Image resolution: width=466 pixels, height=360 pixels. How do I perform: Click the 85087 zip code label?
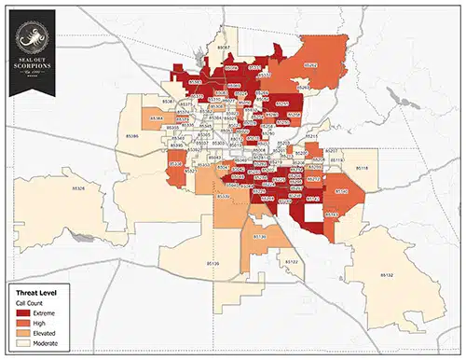coord(222,46)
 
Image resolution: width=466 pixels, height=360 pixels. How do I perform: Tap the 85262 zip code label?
coord(309,66)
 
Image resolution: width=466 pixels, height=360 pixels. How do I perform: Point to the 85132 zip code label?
coord(388,275)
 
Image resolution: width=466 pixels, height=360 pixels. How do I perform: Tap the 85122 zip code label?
coord(293,262)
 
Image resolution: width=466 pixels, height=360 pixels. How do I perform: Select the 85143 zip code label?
coord(332,214)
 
